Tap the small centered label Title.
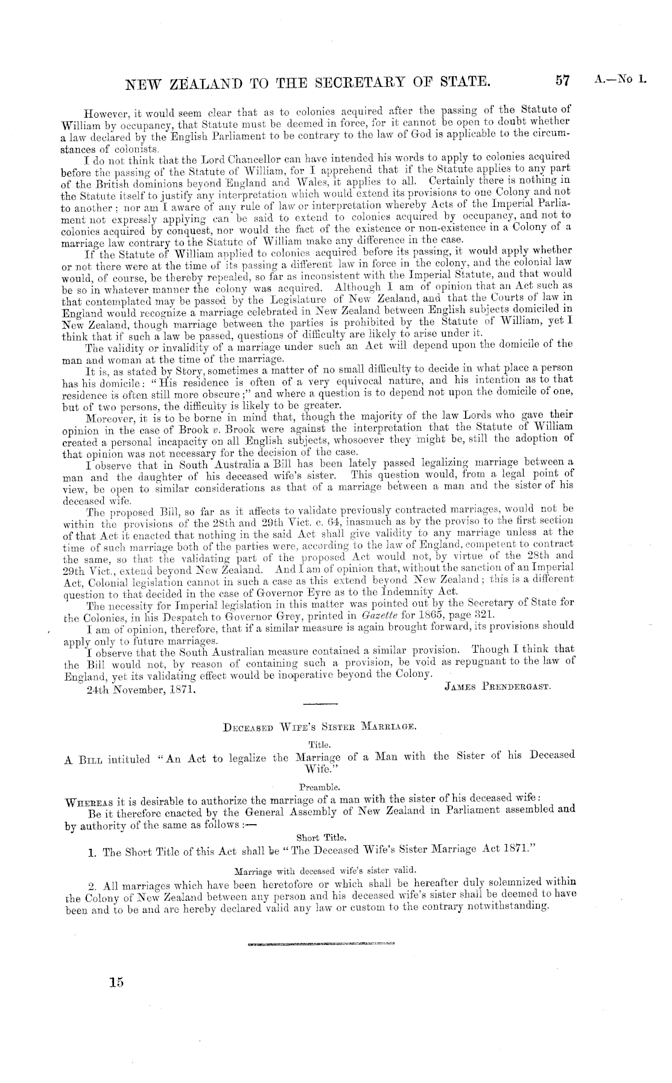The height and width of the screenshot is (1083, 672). point(316,745)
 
